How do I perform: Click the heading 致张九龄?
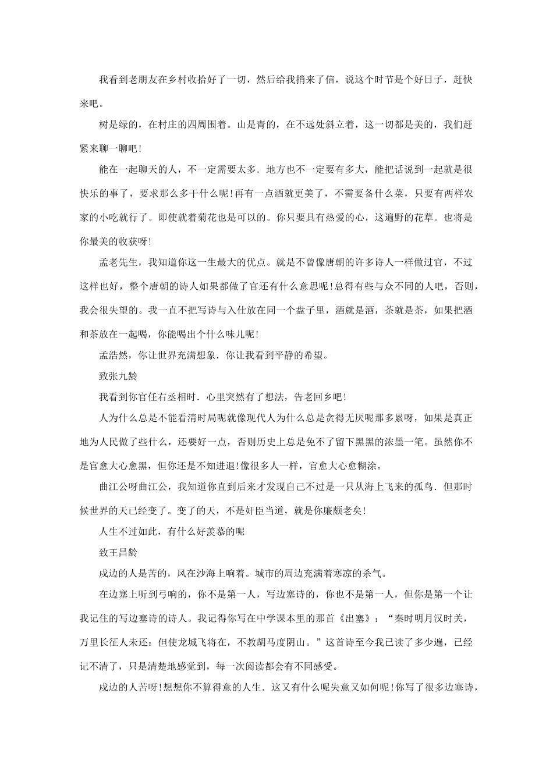tap(118, 376)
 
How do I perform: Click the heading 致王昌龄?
tap(118, 552)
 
